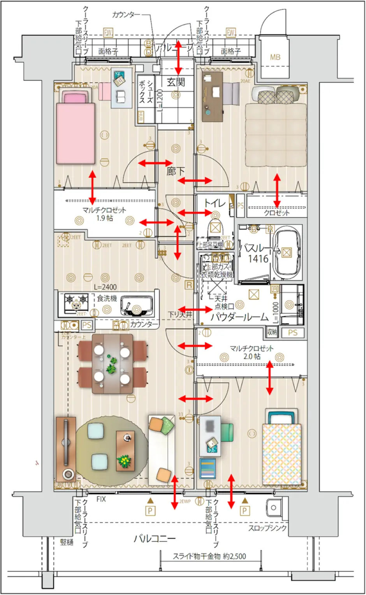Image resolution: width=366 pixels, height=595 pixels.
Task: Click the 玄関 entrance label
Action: [176, 82]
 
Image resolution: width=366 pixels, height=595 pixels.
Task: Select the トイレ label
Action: [215, 203]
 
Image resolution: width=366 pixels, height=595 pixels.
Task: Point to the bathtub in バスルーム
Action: [287, 253]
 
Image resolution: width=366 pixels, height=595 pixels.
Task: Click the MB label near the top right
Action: [275, 58]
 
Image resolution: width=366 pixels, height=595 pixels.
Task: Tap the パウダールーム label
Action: [239, 317]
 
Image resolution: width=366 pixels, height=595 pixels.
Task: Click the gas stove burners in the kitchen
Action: [76, 300]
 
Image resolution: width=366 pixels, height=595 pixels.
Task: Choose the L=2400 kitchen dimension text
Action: [105, 287]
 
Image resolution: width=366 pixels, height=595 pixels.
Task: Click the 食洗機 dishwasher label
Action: [107, 298]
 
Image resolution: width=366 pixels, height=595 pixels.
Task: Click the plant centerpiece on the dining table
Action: [112, 365]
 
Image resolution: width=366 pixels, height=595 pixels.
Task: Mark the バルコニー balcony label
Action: [155, 539]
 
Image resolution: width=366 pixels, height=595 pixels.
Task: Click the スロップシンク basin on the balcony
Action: [273, 507]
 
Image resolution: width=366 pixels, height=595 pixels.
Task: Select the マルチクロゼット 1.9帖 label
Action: [104, 214]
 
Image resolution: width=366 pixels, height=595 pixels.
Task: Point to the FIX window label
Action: [101, 499]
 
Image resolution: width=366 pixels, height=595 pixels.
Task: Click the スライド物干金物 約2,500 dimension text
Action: [209, 556]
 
